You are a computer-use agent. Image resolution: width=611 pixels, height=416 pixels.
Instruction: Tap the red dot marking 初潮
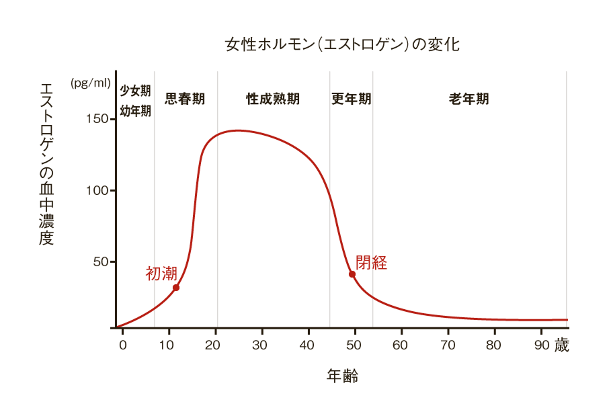click(x=176, y=288)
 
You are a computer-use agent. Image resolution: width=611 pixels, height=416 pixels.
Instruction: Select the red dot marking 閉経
click(x=352, y=274)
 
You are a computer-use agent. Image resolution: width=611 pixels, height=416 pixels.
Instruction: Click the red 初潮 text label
click(x=161, y=273)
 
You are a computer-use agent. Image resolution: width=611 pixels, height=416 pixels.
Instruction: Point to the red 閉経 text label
click(x=371, y=263)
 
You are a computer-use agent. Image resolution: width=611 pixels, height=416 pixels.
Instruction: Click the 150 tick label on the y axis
click(x=96, y=119)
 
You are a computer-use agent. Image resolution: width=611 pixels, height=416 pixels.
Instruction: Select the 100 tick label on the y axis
click(x=96, y=190)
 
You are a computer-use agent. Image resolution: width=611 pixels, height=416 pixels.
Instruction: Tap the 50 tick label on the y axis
click(x=99, y=261)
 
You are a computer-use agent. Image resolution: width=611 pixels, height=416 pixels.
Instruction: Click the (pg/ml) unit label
click(x=90, y=83)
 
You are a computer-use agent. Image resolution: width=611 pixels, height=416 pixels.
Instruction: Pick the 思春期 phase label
click(x=185, y=99)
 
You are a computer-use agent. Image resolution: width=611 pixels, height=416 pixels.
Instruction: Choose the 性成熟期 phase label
click(x=273, y=99)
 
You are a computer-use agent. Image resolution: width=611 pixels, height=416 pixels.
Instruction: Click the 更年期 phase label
click(x=351, y=99)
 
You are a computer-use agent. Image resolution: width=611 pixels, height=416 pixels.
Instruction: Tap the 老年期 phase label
click(x=469, y=99)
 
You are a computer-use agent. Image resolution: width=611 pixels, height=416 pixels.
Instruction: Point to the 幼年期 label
click(x=135, y=111)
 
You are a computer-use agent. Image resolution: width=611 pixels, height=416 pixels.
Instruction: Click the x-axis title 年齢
click(x=342, y=376)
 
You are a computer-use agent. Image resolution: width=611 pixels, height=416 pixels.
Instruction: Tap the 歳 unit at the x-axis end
click(x=562, y=345)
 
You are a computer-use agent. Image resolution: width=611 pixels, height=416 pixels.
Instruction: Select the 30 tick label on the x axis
click(x=261, y=345)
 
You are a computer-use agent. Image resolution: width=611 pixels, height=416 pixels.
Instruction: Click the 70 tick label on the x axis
click(x=448, y=345)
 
